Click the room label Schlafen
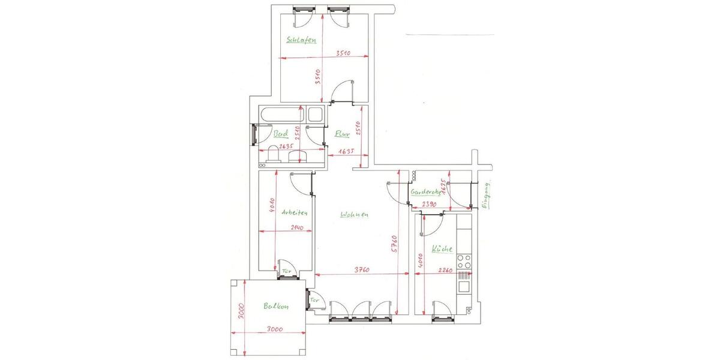coord(302,41)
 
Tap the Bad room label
coord(280,134)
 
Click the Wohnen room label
coord(354,215)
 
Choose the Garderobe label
coord(425,193)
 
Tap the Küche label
coord(442,248)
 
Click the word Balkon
coord(276,307)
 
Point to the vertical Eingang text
coord(487,194)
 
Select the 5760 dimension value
coord(394,245)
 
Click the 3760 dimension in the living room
coord(361,270)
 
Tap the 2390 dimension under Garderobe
coord(428,204)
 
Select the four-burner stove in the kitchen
coord(464,260)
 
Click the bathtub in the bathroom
coord(281,114)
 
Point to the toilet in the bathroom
coord(274,157)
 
